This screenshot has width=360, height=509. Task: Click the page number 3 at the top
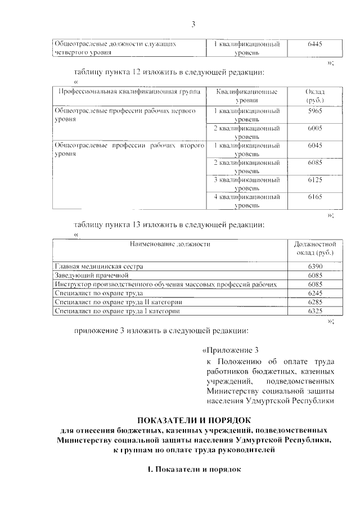[193, 24]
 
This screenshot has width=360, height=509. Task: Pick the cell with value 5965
[315, 112]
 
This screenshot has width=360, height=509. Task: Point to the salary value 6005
[315, 129]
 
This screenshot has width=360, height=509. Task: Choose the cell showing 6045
[315, 146]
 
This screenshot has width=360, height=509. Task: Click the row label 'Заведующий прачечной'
[92, 276]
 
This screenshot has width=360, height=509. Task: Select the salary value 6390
[315, 265]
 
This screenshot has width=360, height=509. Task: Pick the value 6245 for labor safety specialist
[315, 293]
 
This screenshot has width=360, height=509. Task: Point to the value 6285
[315, 302]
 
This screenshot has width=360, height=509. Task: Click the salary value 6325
[315, 311]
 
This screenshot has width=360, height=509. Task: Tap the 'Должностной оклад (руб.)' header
[315, 249]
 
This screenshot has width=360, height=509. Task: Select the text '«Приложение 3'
[233, 350]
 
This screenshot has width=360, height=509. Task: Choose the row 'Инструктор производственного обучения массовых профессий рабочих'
[166, 285]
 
